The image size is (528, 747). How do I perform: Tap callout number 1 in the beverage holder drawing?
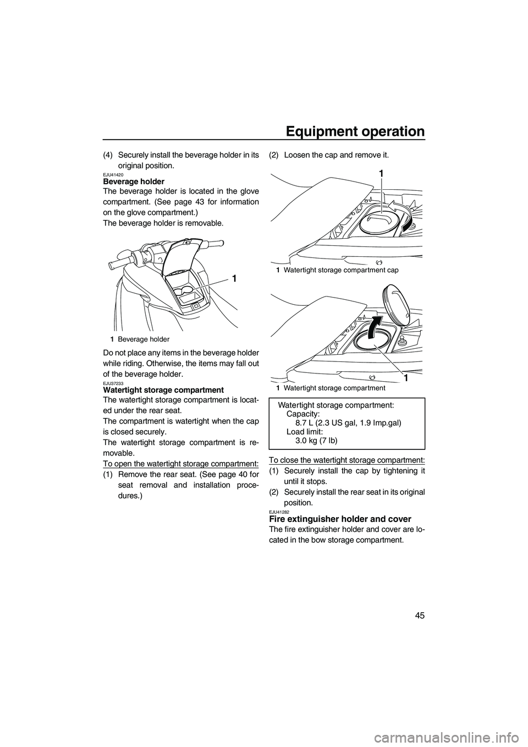tap(235, 279)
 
